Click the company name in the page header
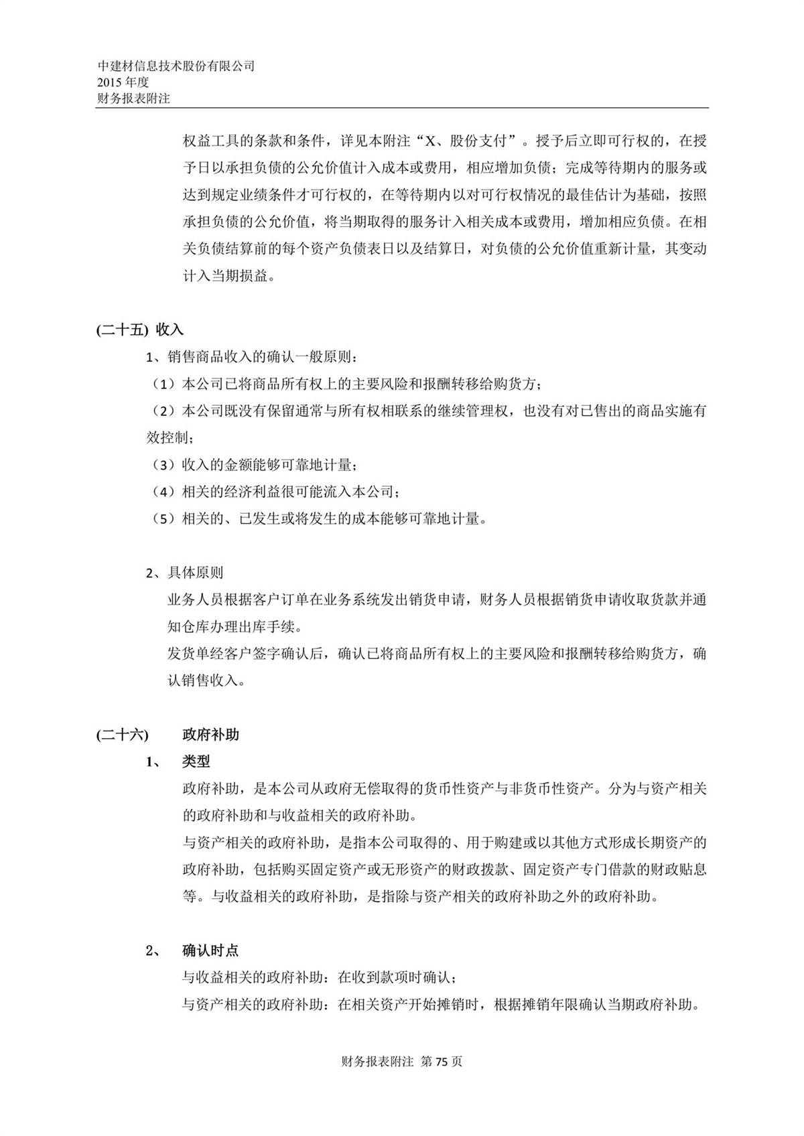(176, 66)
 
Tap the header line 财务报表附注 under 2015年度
(133, 98)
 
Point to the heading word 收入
(170, 330)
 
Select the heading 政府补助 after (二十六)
(210, 735)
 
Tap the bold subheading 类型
(196, 762)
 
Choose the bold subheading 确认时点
(210, 950)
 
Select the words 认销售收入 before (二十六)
(203, 681)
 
